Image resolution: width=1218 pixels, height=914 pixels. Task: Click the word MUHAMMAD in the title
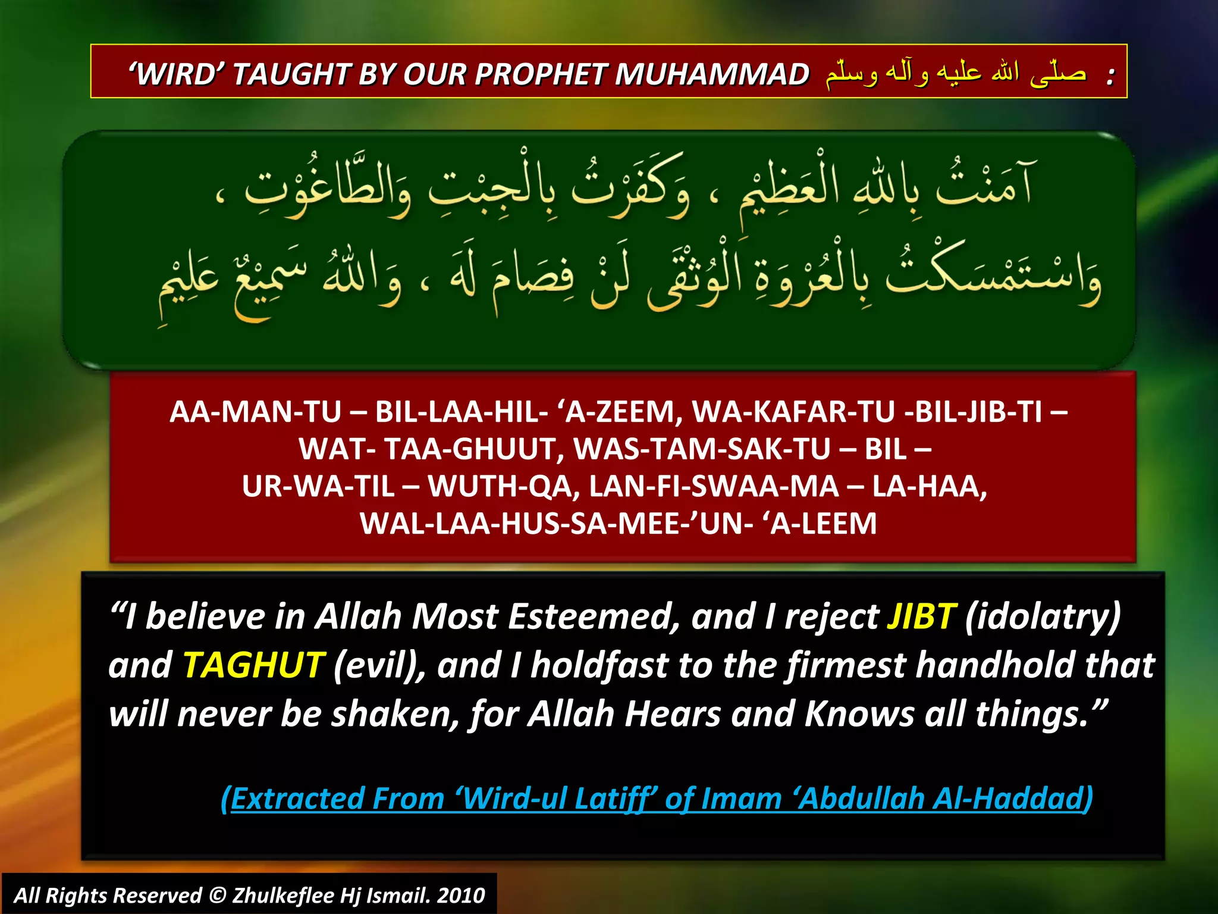[x=711, y=74]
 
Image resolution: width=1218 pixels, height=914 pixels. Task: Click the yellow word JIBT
[x=921, y=616]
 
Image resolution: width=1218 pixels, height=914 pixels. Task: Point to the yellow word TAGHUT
[x=253, y=665]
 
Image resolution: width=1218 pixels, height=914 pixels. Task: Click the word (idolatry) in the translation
[x=1043, y=616]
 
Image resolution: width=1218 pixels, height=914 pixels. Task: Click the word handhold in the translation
[x=996, y=665]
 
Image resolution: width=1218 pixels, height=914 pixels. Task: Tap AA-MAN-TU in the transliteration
[x=256, y=412]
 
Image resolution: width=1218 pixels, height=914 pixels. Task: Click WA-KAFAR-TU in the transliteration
[x=793, y=412]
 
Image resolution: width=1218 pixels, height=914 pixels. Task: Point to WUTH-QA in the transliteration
[x=504, y=487]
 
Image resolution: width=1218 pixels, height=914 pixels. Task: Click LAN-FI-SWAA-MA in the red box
[x=714, y=487]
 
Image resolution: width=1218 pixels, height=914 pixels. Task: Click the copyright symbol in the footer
[x=218, y=896]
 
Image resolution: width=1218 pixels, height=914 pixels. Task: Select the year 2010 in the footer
[x=461, y=896]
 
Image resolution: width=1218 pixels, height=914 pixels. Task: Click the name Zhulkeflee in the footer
[x=283, y=896]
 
